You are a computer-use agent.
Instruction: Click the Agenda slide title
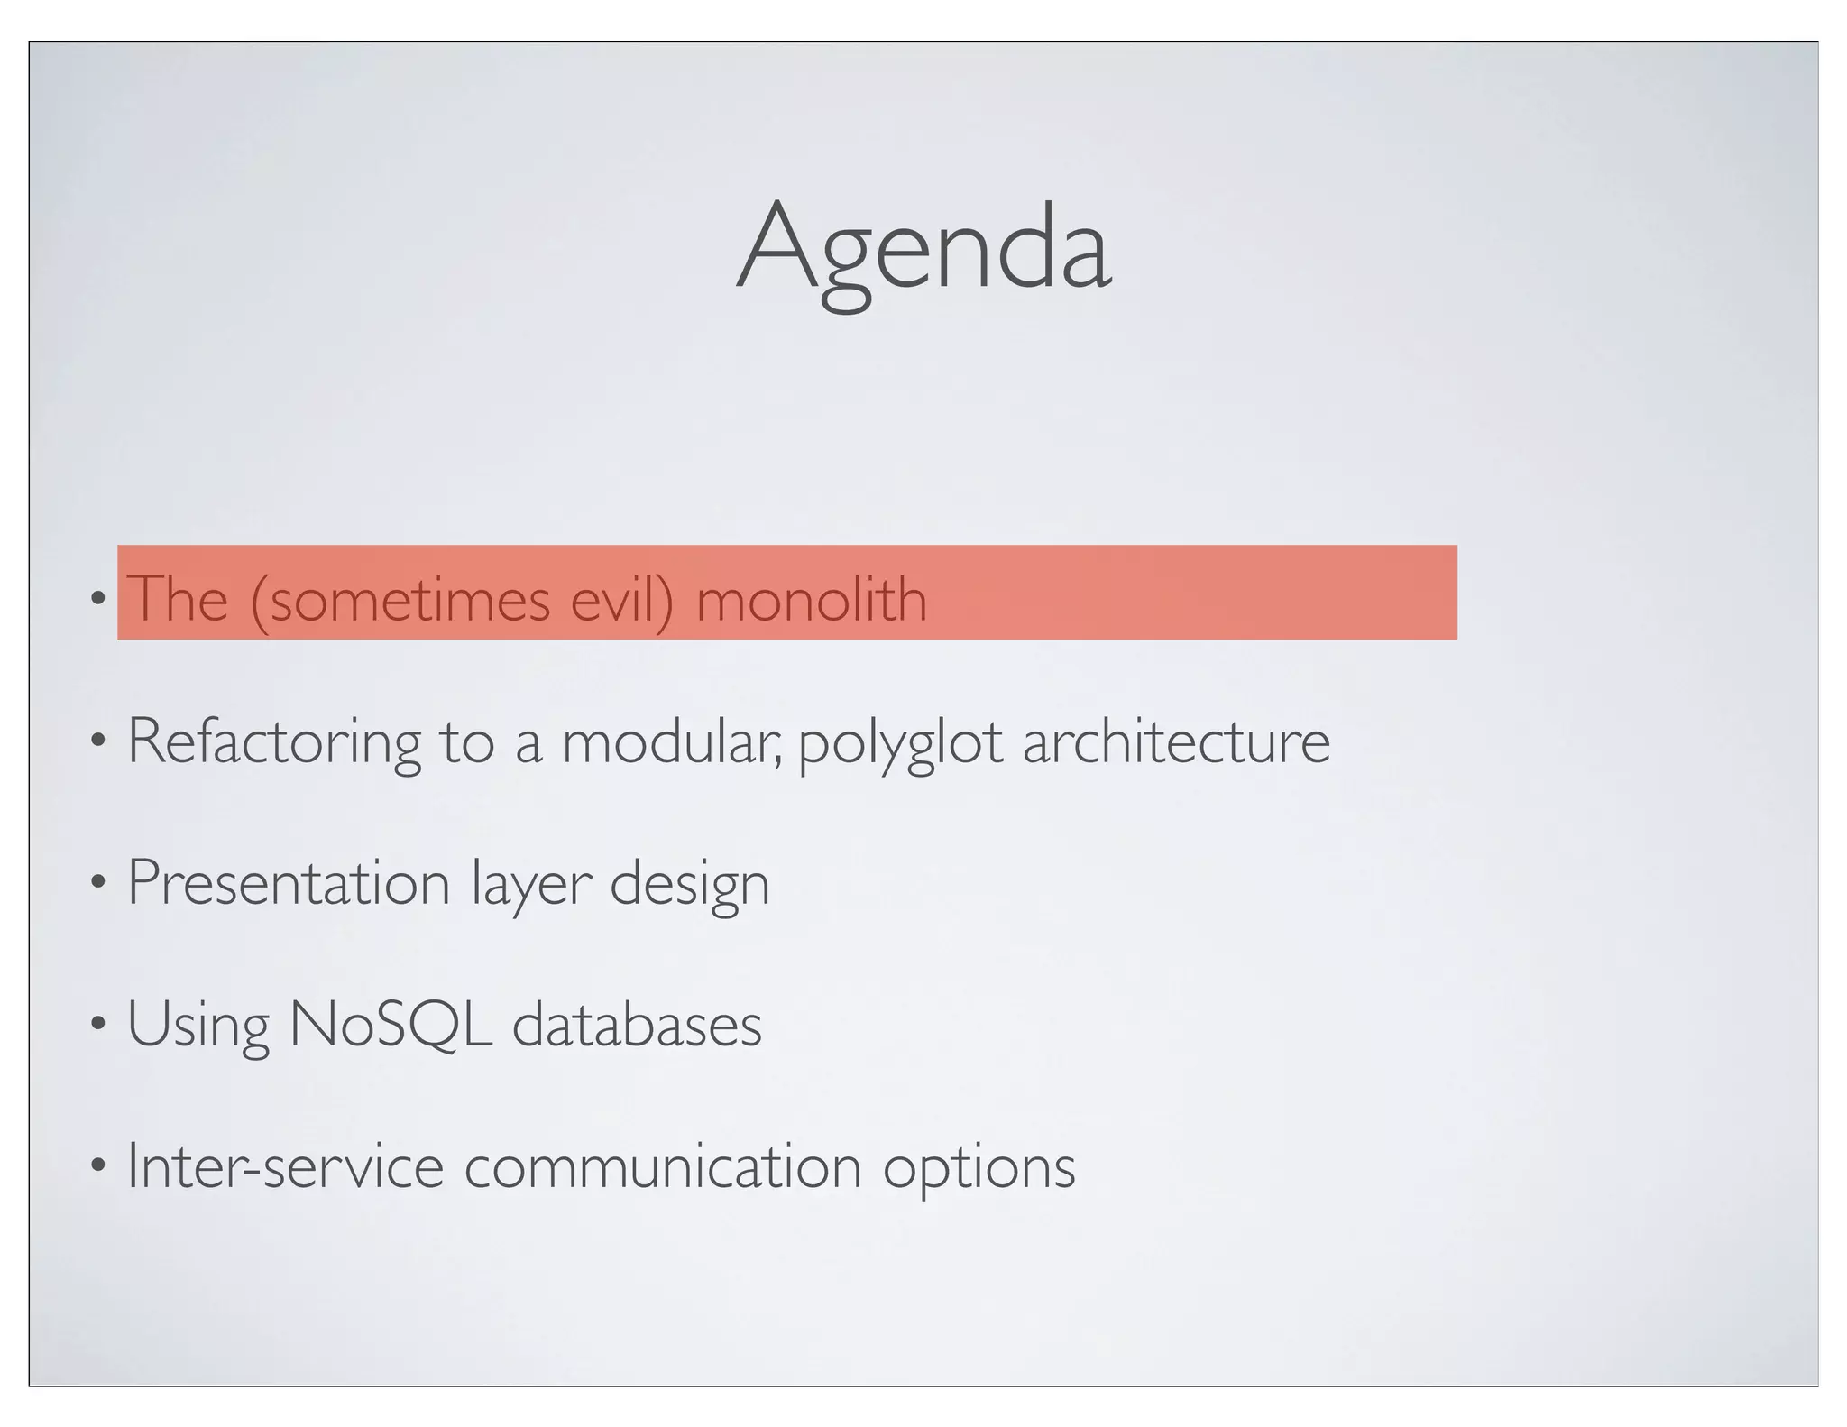923,248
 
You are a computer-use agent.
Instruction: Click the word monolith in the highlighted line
811,599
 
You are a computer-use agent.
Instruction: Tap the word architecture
1176,741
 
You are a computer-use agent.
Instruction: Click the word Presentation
289,882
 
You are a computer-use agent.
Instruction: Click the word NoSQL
391,1025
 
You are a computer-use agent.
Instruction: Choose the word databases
637,1025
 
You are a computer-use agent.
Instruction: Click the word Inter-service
285,1165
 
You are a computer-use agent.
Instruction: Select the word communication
663,1165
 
